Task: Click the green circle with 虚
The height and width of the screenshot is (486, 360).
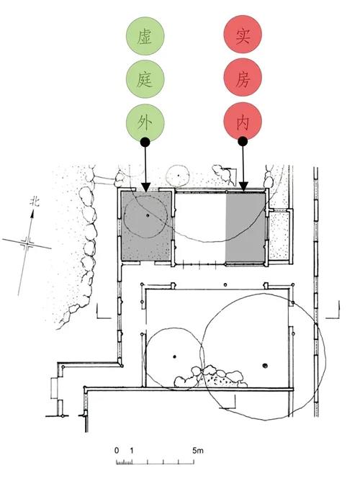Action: coord(145,36)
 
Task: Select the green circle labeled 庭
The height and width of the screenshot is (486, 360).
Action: coord(145,79)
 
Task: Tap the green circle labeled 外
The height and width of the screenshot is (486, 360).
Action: coord(145,122)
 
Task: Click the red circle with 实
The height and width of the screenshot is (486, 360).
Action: coord(243,35)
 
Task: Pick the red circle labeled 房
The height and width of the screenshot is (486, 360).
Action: coord(243,78)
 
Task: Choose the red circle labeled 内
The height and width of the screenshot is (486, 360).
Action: coord(243,122)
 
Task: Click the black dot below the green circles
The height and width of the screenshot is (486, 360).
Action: coord(145,143)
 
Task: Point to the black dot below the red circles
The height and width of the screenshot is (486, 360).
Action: coord(243,142)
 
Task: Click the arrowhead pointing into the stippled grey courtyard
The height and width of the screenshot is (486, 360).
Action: coord(145,187)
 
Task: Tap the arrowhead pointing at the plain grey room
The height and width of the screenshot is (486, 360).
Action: coord(243,187)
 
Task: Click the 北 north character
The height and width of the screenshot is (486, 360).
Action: coord(35,202)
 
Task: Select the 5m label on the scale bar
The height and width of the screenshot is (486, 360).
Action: coord(197,450)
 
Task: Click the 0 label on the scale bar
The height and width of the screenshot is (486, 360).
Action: coord(117,450)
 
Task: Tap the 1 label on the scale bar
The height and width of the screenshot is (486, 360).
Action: coord(132,450)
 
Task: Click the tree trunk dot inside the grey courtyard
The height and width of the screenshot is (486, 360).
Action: coord(148,215)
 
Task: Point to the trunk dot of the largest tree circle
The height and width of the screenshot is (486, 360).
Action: coord(264,366)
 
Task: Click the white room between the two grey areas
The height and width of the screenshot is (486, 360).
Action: coord(200,228)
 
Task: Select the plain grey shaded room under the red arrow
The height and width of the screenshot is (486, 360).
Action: coord(245,228)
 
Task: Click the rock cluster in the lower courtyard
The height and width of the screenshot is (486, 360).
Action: coord(211,377)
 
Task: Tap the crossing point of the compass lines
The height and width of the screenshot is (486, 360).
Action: coord(27,243)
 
